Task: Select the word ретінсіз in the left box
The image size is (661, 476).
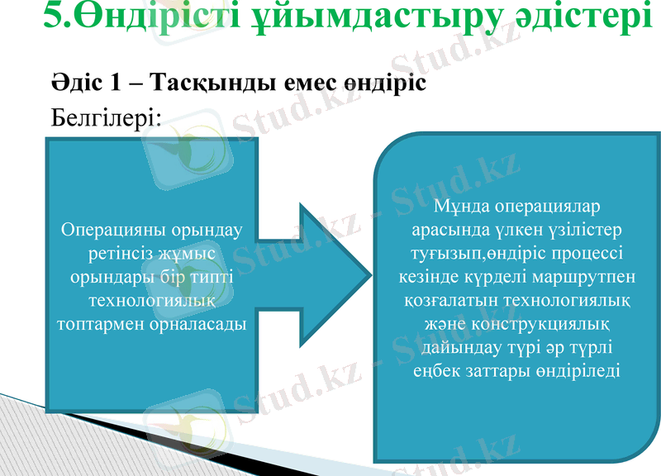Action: pos(118,252)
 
